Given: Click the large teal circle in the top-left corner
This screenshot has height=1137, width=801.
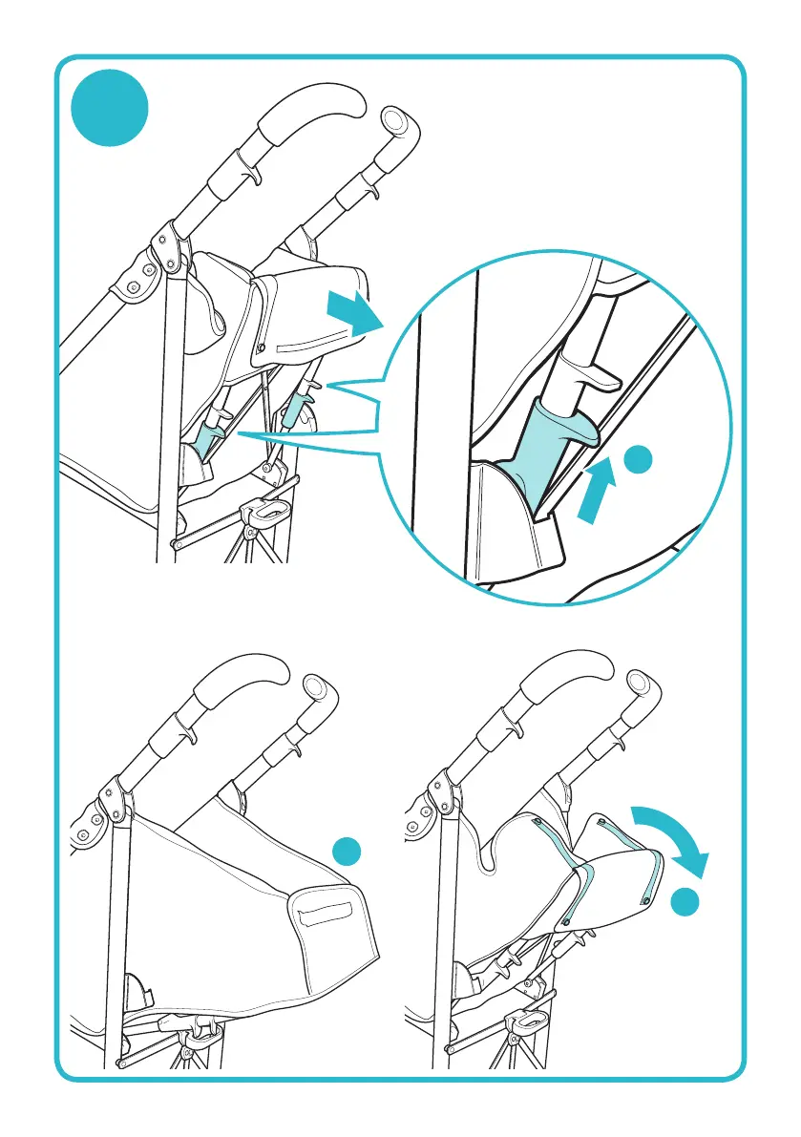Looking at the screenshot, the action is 113,111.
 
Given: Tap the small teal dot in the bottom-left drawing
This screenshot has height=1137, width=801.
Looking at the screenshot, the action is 350,852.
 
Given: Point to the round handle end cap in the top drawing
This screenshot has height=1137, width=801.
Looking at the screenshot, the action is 393,119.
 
